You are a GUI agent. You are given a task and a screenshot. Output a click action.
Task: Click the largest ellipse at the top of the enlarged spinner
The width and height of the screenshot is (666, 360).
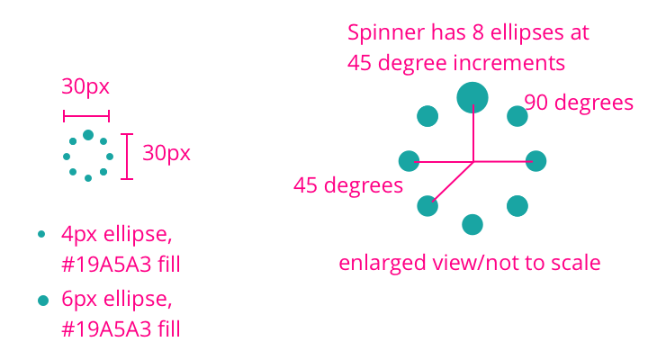tap(472, 96)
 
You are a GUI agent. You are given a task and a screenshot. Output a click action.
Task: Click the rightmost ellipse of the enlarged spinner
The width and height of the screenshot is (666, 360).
tap(536, 161)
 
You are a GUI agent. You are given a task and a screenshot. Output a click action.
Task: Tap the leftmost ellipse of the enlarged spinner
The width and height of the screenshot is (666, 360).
tap(409, 161)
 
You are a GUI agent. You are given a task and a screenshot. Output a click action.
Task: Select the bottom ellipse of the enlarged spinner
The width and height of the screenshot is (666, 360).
tap(472, 224)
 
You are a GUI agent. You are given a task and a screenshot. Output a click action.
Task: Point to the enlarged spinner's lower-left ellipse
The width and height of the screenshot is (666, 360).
tap(427, 206)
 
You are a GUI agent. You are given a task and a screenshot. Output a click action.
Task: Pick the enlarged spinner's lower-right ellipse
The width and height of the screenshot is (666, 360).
tap(517, 206)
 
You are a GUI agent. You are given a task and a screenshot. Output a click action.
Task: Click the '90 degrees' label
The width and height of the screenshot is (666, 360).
tap(579, 103)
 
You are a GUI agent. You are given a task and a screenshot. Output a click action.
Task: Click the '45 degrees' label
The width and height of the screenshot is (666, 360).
tap(347, 185)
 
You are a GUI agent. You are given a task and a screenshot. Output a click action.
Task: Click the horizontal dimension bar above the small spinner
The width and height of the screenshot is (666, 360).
tap(86, 115)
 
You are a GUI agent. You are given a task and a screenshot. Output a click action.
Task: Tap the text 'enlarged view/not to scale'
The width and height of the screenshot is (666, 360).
tap(469, 264)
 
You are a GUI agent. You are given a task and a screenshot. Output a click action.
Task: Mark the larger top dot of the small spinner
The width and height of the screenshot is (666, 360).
tap(88, 135)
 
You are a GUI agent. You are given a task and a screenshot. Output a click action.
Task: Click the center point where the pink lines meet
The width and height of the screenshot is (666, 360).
tap(473, 162)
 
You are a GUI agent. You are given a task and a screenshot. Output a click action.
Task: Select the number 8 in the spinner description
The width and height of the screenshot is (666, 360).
tap(477, 34)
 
